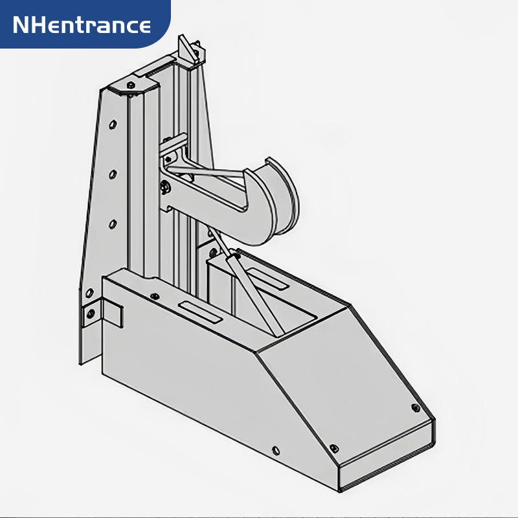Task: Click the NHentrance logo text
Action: click(82, 25)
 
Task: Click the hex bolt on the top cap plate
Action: click(131, 85)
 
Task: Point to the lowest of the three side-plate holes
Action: click(113, 224)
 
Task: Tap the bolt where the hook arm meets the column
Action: click(165, 187)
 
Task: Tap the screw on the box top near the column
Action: click(154, 296)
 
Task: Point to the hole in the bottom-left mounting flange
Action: click(90, 313)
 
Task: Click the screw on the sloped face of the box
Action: click(416, 408)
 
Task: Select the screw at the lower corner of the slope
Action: click(334, 448)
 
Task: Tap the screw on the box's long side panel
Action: click(276, 449)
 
